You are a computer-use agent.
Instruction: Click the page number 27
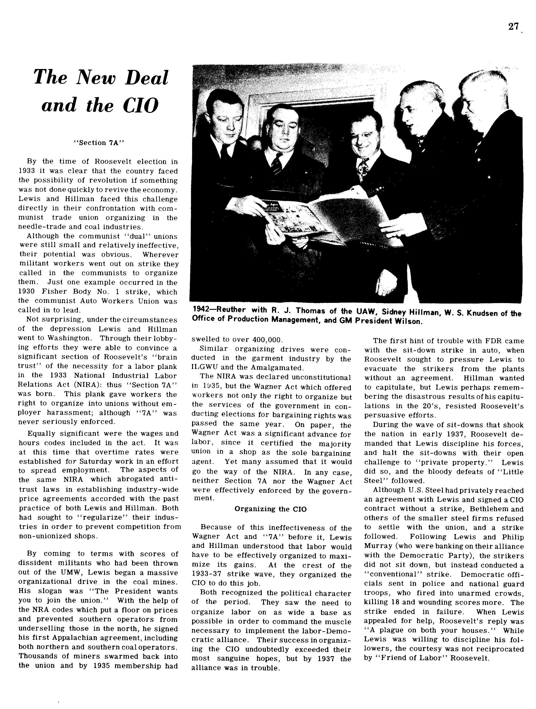click(513, 27)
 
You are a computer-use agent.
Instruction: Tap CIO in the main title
click(140, 105)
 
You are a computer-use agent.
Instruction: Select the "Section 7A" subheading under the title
click(99, 143)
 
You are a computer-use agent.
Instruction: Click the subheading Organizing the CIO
click(270, 509)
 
